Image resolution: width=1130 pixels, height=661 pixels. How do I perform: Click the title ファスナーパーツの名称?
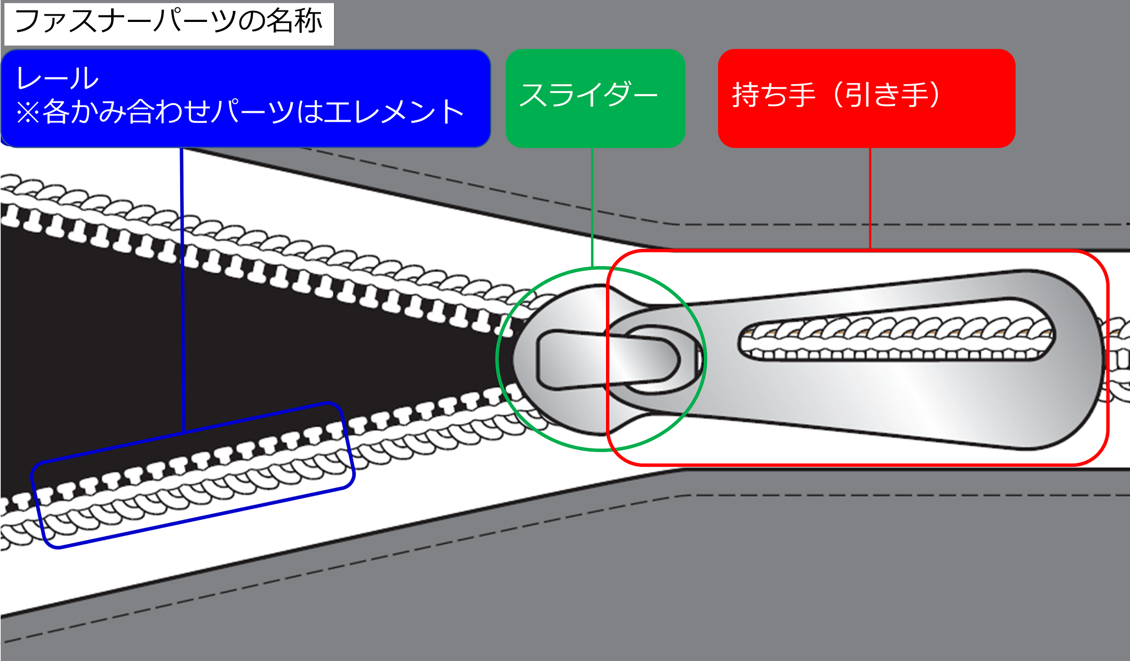(168, 22)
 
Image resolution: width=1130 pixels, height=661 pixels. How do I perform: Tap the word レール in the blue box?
(57, 79)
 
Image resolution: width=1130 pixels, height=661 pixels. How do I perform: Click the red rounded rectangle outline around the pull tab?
(1107, 361)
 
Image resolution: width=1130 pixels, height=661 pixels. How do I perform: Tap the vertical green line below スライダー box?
(592, 209)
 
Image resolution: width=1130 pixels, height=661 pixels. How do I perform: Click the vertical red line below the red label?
(870, 199)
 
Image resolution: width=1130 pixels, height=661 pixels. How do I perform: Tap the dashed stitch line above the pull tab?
(887, 224)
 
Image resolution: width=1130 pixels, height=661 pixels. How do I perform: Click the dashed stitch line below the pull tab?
(887, 495)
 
